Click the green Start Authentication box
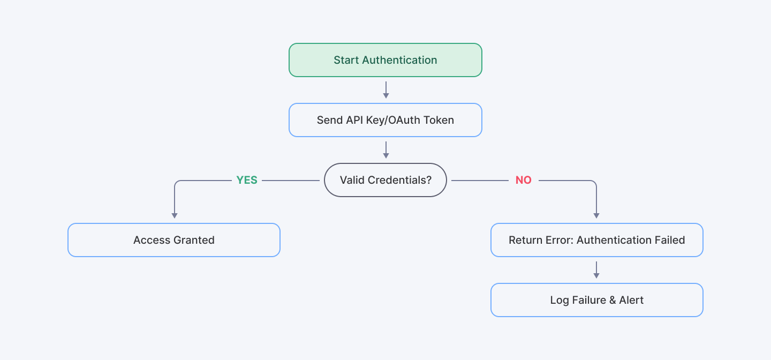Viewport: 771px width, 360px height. [x=385, y=60]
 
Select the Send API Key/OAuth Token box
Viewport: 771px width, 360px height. [x=385, y=120]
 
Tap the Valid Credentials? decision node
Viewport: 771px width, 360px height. [x=385, y=180]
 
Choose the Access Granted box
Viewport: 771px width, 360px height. [x=174, y=240]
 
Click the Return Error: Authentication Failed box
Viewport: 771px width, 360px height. [x=596, y=240]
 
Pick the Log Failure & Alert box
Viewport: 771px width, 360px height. [x=596, y=300]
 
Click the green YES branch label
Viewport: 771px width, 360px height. [x=247, y=181]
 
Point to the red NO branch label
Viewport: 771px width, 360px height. [x=523, y=181]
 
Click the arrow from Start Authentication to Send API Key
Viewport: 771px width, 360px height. [x=385, y=90]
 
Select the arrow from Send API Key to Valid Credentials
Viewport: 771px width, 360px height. [x=385, y=150]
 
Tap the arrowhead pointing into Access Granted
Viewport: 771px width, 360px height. [x=174, y=215]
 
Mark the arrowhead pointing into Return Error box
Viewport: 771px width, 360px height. [x=596, y=215]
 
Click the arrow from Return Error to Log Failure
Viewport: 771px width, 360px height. [x=596, y=270]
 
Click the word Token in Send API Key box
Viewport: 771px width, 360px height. [x=439, y=120]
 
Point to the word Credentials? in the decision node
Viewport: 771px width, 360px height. [x=399, y=180]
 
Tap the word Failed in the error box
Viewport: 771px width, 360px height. [x=669, y=240]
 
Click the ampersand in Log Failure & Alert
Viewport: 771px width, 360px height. [x=613, y=300]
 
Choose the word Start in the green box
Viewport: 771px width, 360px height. [x=346, y=60]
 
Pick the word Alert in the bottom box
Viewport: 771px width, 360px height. [x=631, y=300]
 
